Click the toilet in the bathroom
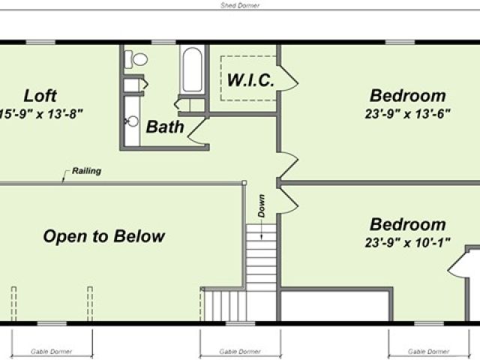tap(136, 59)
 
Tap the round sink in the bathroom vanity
tap(133, 121)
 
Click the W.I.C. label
tap(250, 80)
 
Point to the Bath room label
tap(165, 127)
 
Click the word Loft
tap(40, 96)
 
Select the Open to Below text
tap(104, 236)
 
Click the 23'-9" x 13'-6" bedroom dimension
tap(407, 114)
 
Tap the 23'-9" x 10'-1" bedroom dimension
tap(407, 243)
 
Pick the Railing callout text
tap(87, 171)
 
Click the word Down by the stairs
tap(261, 205)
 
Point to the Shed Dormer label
tap(240, 5)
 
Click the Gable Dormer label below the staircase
tap(240, 352)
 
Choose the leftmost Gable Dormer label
tap(52, 352)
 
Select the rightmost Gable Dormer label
tap(428, 352)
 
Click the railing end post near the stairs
tap(244, 183)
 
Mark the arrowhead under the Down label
tap(262, 237)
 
